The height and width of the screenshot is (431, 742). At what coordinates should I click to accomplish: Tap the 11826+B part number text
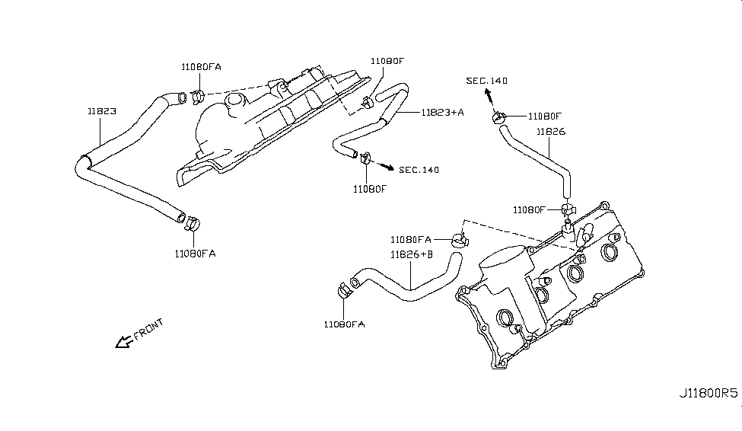[412, 254]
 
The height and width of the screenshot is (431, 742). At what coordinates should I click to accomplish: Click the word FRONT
[148, 330]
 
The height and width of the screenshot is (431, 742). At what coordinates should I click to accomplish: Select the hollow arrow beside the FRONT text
[122, 343]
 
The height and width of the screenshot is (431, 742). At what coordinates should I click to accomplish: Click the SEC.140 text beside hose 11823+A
[419, 170]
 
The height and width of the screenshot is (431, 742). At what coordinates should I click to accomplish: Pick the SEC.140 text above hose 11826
[487, 81]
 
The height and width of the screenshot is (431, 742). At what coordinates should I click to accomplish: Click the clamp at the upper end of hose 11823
[197, 96]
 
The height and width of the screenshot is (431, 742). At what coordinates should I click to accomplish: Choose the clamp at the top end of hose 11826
[499, 117]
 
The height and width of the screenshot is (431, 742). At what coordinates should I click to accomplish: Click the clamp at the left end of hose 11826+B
[344, 290]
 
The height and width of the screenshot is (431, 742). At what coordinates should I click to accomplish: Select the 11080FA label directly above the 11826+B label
[410, 239]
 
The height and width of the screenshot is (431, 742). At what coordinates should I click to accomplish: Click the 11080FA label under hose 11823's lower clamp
[193, 254]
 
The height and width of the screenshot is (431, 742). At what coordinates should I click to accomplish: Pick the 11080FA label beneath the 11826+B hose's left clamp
[344, 324]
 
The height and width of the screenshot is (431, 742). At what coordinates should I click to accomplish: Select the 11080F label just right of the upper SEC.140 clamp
[544, 117]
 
